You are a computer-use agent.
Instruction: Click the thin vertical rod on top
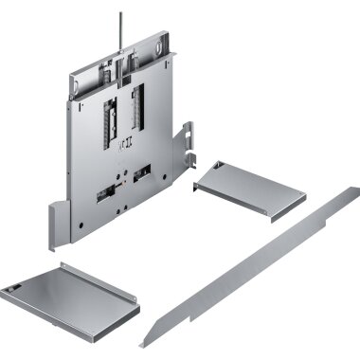tap(120, 29)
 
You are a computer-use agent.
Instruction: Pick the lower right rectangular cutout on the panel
tap(143, 174)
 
